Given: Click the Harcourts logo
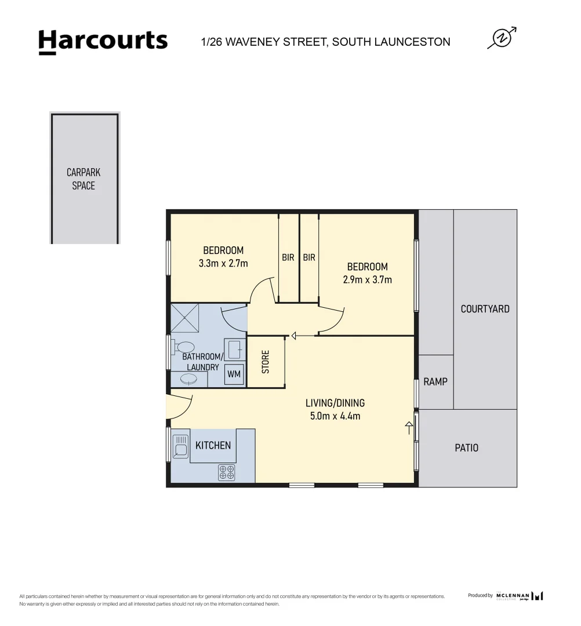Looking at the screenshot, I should pyautogui.click(x=103, y=42).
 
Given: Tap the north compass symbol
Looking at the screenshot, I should pyautogui.click(x=502, y=38).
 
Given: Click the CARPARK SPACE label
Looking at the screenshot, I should pyautogui.click(x=83, y=179).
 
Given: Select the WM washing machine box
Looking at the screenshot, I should pyautogui.click(x=234, y=374).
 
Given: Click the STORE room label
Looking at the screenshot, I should pyautogui.click(x=266, y=362).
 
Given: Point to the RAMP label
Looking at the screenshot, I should pyautogui.click(x=435, y=382).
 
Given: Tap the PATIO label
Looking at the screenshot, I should pyautogui.click(x=466, y=448).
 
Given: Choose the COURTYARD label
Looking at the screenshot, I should pyautogui.click(x=485, y=309).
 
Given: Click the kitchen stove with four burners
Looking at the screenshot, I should pyautogui.click(x=226, y=472).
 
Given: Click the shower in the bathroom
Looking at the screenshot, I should pyautogui.click(x=185, y=318).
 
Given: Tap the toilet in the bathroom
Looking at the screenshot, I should pyautogui.click(x=184, y=348).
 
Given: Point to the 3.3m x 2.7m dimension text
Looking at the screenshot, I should pyautogui.click(x=223, y=263).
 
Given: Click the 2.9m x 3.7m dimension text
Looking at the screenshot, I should pyautogui.click(x=367, y=279).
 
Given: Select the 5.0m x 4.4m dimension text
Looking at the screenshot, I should pyautogui.click(x=335, y=416).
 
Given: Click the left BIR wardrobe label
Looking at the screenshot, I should pyautogui.click(x=288, y=257).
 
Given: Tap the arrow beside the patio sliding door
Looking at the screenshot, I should pyautogui.click(x=409, y=428).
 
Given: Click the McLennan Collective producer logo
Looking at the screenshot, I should pyautogui.click(x=520, y=596).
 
